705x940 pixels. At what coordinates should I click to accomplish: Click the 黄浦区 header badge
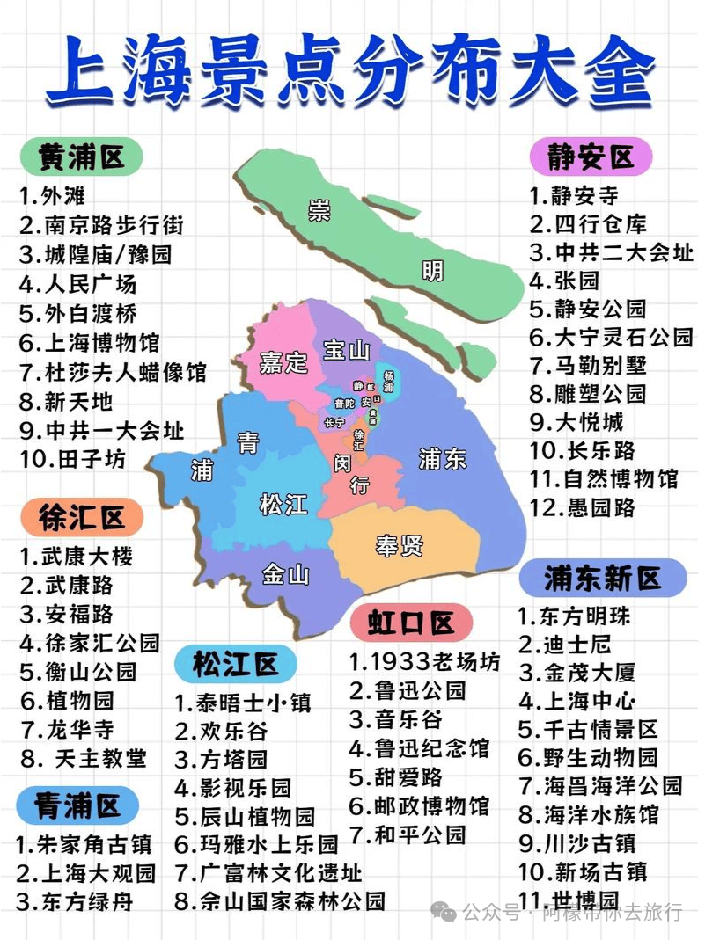coord(82,157)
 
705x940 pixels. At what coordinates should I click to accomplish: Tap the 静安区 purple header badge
coord(591,157)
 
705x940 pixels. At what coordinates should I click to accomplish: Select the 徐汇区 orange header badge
coord(82,518)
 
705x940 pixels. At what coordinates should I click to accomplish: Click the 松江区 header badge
coord(235,664)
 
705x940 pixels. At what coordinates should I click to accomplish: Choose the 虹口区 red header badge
coord(411,623)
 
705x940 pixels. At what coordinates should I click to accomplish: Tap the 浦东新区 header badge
coord(602,578)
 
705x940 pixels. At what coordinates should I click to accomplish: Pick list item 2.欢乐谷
coord(221,731)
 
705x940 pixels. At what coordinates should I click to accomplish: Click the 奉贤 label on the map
coord(400,545)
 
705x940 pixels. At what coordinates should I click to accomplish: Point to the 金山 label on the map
coord(286,575)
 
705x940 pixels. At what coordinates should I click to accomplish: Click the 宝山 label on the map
coord(346,350)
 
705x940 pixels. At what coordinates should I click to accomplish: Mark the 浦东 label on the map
coord(443,459)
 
